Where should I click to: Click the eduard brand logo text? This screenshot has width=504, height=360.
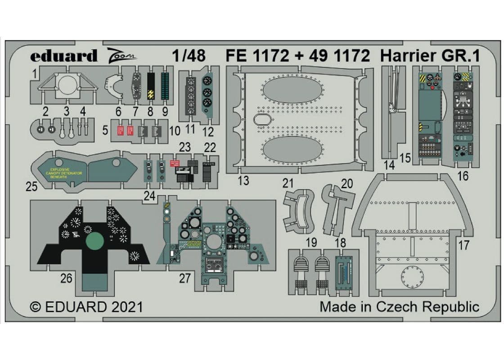tap(64, 56)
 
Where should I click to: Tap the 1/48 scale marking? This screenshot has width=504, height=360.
tap(189, 55)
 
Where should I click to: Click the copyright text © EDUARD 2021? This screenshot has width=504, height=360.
tap(86, 307)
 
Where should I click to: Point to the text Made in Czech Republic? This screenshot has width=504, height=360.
tap(399, 307)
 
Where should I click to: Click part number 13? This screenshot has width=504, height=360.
tap(243, 181)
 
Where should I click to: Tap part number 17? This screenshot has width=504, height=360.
tap(464, 246)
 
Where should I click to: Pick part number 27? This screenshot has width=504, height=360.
tap(184, 279)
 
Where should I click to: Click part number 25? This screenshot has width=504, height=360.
tap(31, 186)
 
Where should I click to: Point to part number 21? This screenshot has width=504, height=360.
tap(288, 183)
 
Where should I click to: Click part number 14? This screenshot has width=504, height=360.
tap(390, 165)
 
